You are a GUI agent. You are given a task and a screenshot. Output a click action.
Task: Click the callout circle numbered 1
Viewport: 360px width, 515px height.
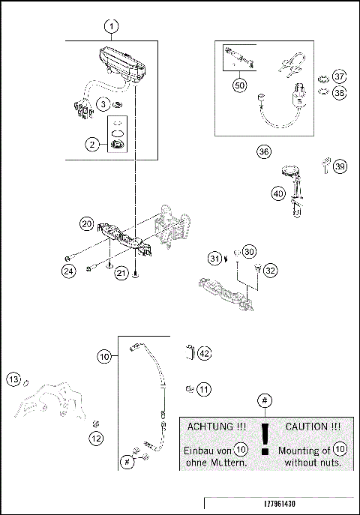(111, 27)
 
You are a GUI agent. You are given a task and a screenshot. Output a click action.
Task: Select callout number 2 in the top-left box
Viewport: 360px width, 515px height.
(93, 145)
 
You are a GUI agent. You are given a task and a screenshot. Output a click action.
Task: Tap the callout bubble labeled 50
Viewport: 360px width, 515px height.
(239, 86)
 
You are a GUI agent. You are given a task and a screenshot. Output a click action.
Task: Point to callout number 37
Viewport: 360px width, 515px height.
(340, 76)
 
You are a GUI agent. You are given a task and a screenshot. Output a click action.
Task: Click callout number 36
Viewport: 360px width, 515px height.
(263, 151)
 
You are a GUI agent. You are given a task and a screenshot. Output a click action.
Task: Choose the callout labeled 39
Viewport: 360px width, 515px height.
(340, 166)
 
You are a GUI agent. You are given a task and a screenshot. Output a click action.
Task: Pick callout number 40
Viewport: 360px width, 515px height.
(278, 193)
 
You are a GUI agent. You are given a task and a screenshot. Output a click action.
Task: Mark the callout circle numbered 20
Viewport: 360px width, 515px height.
(87, 224)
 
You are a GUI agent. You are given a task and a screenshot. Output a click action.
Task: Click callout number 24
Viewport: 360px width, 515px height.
(68, 271)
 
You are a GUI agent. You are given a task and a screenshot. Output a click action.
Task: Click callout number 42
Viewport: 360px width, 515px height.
(205, 352)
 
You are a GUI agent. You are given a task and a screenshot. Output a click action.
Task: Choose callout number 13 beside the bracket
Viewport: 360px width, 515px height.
(13, 380)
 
